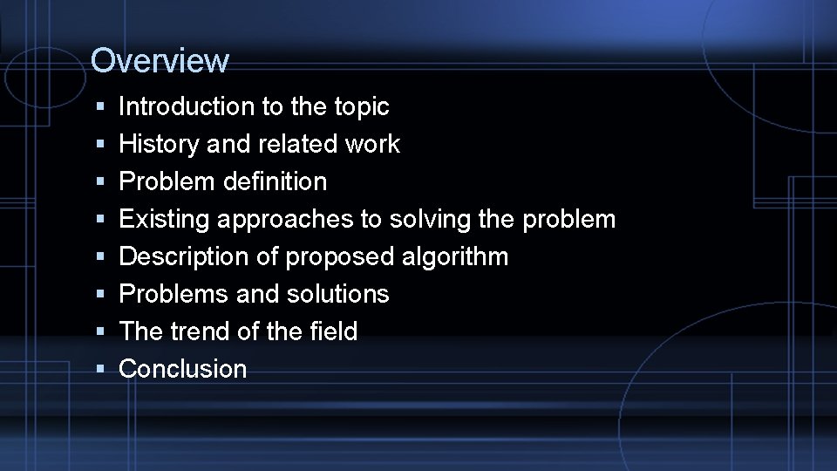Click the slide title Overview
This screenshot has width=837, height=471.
tap(160, 60)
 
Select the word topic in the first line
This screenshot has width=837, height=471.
tap(361, 106)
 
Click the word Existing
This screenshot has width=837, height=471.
tap(164, 219)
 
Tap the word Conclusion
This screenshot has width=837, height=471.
tap(183, 369)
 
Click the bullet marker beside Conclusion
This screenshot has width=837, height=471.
tap(101, 369)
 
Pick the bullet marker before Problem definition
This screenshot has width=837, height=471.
tap(101, 181)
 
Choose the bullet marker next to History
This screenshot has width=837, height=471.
tap(101, 144)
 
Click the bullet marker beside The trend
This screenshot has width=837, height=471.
tap(101, 331)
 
